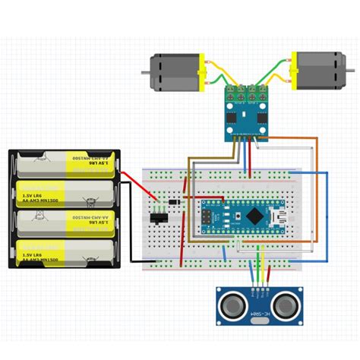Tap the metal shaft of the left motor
click(144, 72)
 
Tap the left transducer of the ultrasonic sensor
click(232, 306)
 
